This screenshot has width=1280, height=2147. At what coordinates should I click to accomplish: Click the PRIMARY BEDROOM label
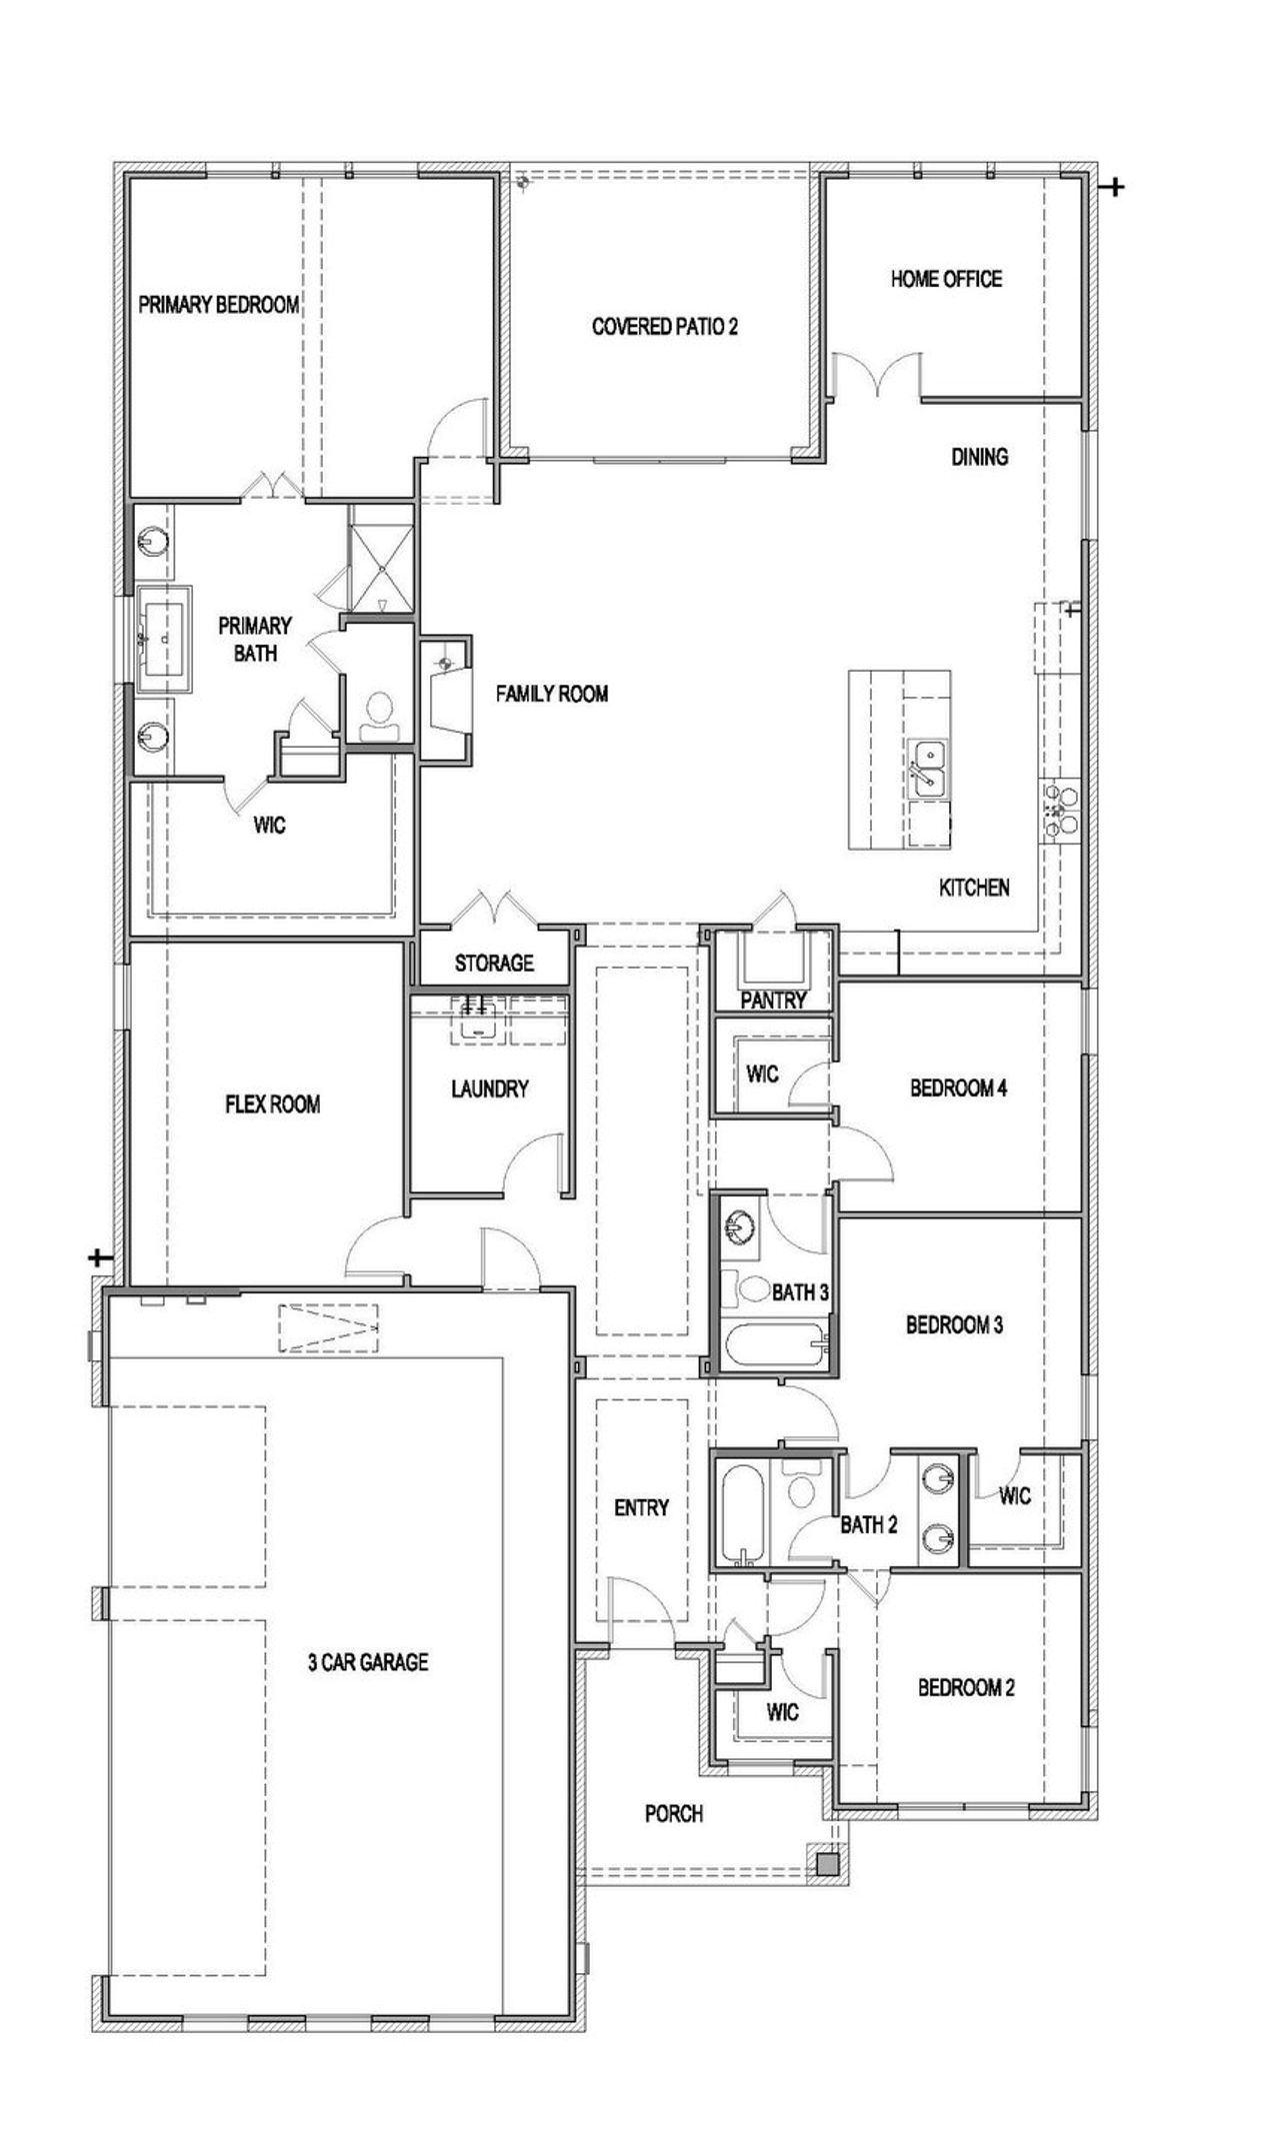tap(219, 305)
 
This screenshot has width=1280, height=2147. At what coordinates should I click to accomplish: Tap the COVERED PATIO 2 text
tap(665, 327)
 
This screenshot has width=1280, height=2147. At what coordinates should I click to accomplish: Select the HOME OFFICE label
tap(946, 279)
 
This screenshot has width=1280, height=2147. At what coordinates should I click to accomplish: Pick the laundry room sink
tap(479, 1019)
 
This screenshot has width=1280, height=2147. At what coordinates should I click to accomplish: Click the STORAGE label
tap(494, 963)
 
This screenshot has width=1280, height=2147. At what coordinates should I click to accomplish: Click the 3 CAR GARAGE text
tap(368, 1662)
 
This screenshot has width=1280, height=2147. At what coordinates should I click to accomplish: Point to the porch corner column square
tap(827, 1863)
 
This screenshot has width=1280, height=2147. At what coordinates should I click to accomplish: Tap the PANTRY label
tap(773, 1001)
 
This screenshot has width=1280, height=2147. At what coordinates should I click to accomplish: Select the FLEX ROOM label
tap(273, 1104)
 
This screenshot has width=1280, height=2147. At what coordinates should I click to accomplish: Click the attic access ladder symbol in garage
tap(329, 1327)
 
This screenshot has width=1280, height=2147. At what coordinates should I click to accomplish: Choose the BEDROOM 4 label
tap(958, 1087)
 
